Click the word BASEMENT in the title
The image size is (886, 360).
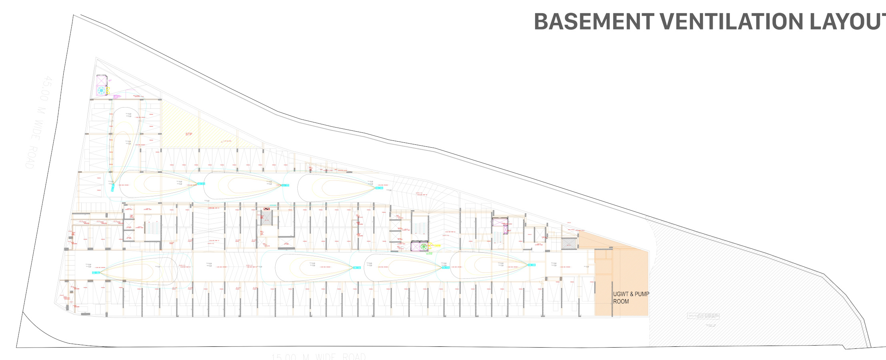pos(594,22)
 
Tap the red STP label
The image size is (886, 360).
pos(189,134)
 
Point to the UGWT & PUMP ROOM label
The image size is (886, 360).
pos(631,298)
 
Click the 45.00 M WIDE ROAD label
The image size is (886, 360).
pos(38,122)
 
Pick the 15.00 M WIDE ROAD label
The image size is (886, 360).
pos(319,356)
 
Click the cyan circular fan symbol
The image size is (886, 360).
pos(102,91)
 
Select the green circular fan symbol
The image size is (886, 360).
pos(423,246)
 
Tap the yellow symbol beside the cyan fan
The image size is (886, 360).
pos(108,91)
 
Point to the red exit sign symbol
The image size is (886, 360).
pos(267,209)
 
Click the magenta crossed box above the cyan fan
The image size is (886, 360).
pos(102,80)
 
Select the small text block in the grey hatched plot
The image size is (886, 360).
pos(703,316)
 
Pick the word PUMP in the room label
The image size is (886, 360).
pos(641,294)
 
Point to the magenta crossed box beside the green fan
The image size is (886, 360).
pos(415,247)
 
